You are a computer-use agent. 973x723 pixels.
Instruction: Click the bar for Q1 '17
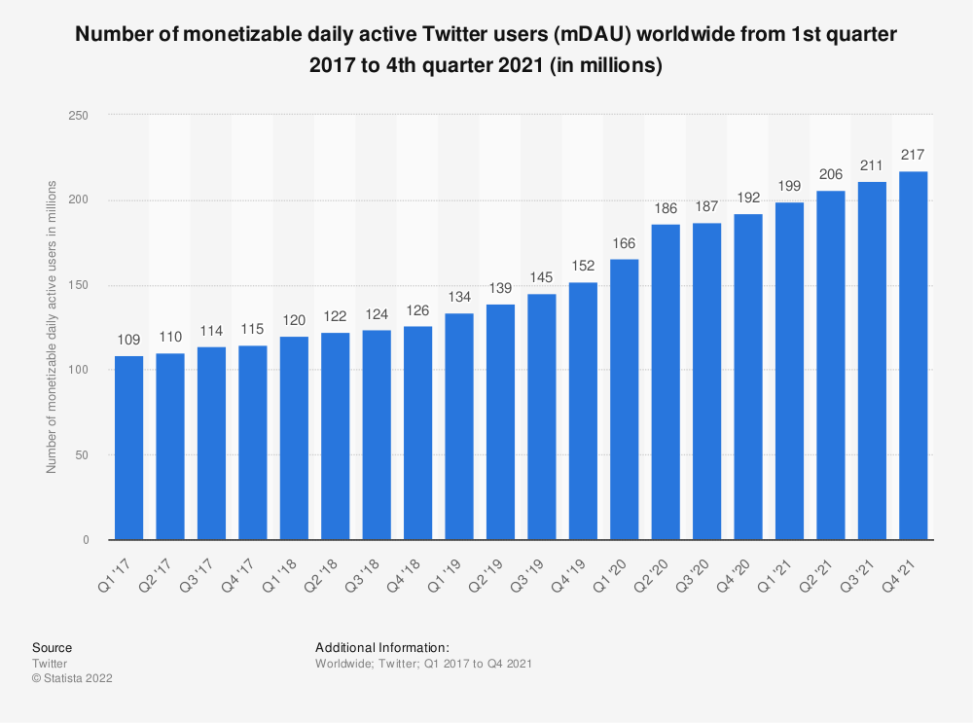coord(128,448)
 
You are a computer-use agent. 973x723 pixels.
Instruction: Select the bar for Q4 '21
coord(914,356)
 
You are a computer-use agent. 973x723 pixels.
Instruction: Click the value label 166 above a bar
coord(625,242)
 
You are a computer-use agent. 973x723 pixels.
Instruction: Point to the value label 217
coord(914,155)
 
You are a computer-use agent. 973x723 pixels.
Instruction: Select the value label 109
coord(128,339)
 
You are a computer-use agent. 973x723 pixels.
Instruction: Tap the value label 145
coord(542,277)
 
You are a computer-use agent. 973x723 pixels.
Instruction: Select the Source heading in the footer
coord(52,647)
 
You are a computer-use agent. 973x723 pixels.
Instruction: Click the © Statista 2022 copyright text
coord(72,678)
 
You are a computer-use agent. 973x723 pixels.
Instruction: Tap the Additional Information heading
coord(381,647)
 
